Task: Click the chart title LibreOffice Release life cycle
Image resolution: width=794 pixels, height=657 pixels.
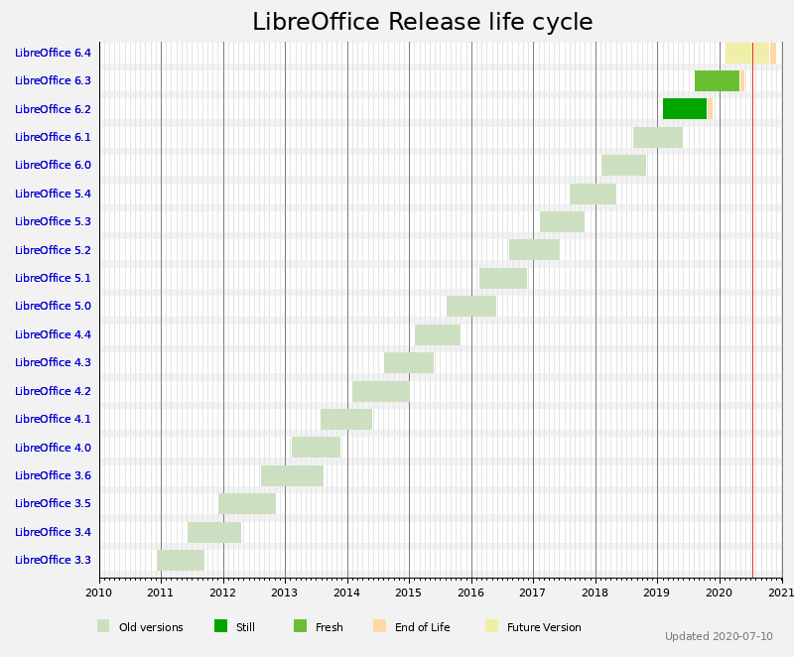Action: coord(422,23)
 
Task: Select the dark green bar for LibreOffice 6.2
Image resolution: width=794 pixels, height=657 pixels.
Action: coord(685,108)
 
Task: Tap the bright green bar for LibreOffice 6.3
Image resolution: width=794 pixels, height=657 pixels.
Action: coord(717,80)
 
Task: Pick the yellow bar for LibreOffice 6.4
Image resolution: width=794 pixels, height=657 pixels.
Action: coord(747,53)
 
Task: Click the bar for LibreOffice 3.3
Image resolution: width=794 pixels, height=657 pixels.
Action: coord(181,560)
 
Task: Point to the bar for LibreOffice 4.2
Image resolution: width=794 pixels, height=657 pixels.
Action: coord(380,391)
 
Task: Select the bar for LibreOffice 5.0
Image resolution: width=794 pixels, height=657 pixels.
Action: coord(471,306)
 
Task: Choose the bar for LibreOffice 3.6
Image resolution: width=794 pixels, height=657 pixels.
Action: coord(292,475)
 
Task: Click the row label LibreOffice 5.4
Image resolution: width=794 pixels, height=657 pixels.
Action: coord(53,194)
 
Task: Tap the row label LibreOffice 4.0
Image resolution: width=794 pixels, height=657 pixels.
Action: coord(53,448)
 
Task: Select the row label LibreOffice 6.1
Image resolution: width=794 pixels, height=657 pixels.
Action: coord(53,137)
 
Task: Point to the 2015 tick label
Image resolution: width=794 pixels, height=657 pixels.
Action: coord(409,592)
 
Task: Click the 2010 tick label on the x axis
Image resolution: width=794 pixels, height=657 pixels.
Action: coord(99,592)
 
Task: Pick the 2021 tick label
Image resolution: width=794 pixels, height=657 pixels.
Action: coord(781,592)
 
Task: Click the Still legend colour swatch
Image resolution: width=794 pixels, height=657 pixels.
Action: coord(220,626)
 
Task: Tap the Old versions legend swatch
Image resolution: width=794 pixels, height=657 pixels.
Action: coord(103,626)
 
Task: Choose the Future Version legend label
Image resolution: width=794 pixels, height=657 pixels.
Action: coord(544,627)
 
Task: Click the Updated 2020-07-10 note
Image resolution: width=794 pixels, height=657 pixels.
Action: coord(719,636)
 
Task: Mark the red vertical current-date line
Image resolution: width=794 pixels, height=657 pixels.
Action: coord(752,298)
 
